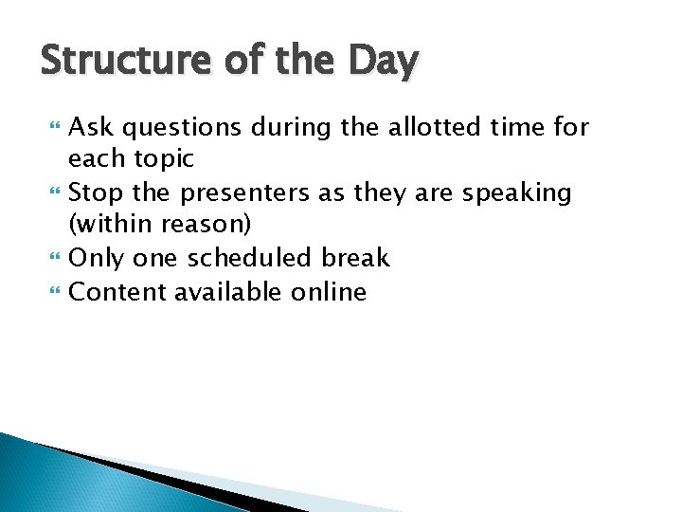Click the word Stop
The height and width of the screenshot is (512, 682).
pyautogui.click(x=98, y=192)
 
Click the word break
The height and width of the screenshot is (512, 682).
pyautogui.click(x=355, y=258)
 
